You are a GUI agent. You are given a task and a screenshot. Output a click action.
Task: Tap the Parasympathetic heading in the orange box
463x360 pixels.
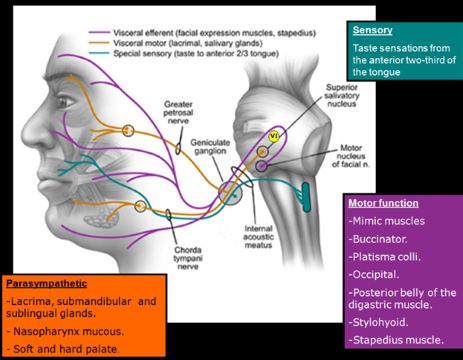click(x=46, y=284)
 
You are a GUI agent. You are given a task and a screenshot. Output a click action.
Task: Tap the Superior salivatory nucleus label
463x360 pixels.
click(x=319, y=96)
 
